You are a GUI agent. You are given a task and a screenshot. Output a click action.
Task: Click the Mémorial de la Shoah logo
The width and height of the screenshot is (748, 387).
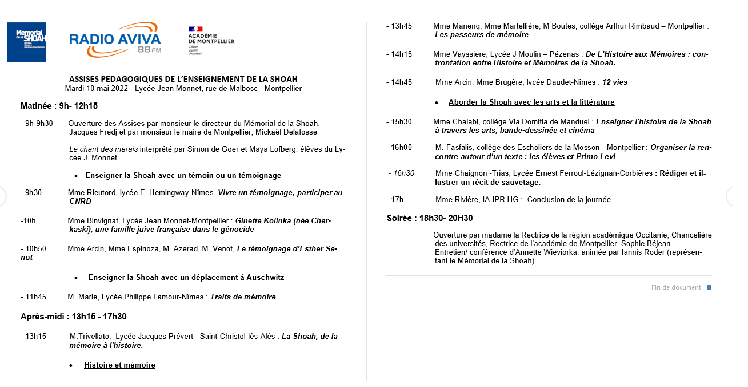26,42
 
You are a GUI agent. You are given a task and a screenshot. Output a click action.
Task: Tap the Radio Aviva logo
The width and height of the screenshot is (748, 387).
115,40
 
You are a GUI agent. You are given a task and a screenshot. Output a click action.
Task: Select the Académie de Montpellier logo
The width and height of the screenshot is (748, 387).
211,40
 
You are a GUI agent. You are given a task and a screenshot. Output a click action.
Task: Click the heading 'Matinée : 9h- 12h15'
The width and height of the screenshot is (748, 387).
59,106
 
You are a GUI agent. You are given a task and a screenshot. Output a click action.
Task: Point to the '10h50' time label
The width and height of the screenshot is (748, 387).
34,248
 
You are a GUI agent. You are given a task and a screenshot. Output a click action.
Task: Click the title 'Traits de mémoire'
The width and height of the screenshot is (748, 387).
243,297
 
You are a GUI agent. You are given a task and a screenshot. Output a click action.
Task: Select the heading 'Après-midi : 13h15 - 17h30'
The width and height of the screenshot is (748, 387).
74,317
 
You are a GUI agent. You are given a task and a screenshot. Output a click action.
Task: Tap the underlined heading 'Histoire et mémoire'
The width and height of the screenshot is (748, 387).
119,365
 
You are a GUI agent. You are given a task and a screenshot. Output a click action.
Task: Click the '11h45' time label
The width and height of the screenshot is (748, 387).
34,297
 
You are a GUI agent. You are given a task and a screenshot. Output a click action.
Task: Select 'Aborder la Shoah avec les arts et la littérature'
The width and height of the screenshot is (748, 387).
531,102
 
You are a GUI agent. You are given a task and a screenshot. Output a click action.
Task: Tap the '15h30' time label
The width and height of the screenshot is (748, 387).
400,122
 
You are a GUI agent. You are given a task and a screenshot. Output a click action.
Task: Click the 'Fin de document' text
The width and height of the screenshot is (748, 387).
676,287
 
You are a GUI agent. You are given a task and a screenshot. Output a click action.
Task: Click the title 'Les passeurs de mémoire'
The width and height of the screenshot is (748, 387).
482,35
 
